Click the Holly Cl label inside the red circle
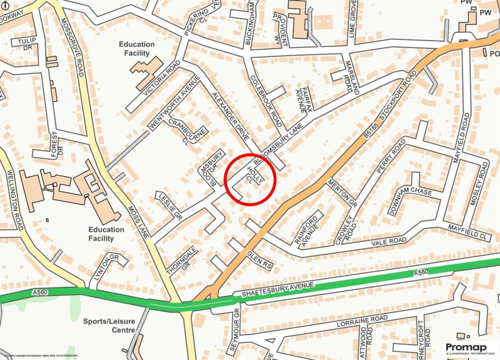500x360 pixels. click(255, 176)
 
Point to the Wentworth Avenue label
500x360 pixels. click(175, 102)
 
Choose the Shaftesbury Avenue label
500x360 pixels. click(278, 289)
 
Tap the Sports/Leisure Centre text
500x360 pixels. click(108, 325)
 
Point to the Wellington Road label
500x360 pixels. click(16, 199)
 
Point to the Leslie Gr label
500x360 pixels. click(168, 206)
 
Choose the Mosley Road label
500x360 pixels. click(480, 186)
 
